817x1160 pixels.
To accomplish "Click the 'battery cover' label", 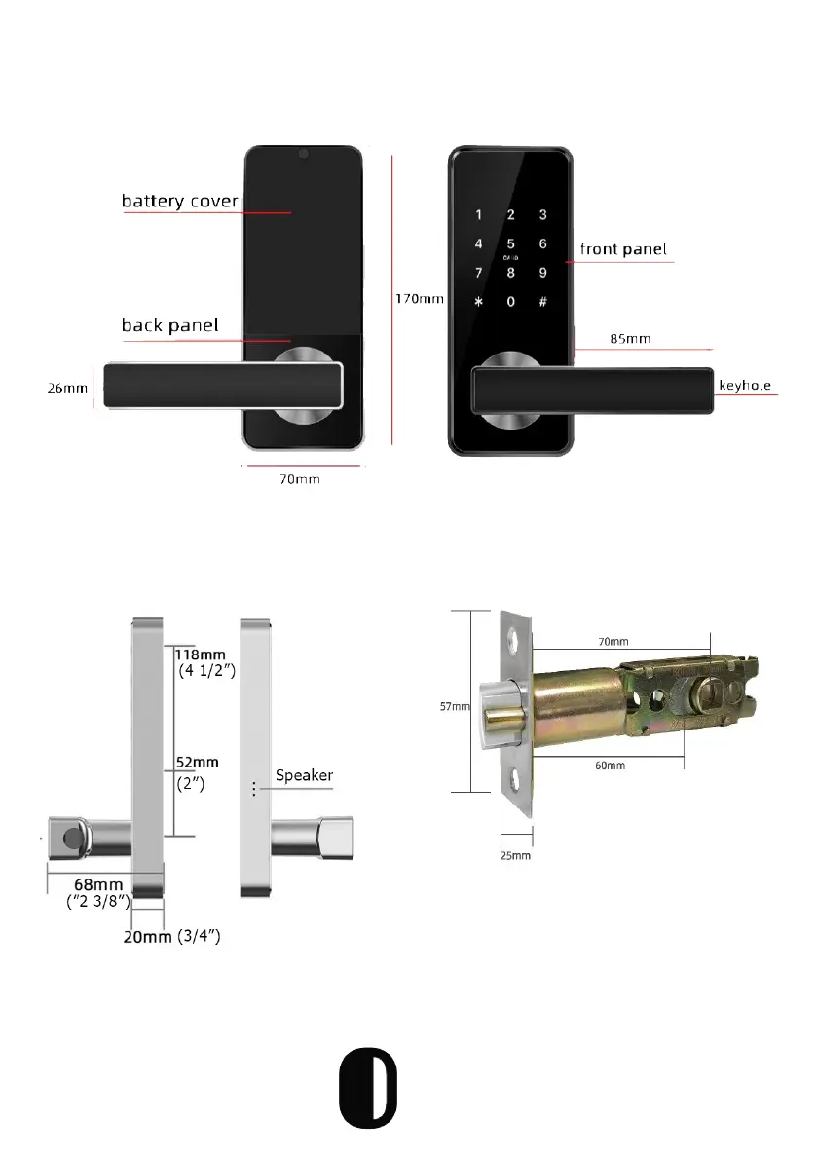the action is click(179, 202).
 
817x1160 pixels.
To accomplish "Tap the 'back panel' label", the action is click(169, 325).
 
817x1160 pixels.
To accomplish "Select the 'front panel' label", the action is click(623, 249).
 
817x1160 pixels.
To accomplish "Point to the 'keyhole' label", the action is click(745, 386).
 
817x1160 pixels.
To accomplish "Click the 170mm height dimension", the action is click(419, 300).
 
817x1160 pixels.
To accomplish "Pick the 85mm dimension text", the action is click(630, 340).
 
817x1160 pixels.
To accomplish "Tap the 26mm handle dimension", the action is click(67, 387).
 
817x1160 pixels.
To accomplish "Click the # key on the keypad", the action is click(542, 301).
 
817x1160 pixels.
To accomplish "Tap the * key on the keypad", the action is click(478, 301).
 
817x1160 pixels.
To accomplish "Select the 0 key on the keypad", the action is click(510, 301).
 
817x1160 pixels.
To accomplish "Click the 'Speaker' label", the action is click(304, 776).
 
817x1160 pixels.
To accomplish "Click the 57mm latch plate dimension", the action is click(461, 707).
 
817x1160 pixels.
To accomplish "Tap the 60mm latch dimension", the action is click(610, 766).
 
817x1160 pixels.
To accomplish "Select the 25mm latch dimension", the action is click(516, 856).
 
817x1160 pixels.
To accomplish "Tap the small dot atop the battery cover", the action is click(304, 154).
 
